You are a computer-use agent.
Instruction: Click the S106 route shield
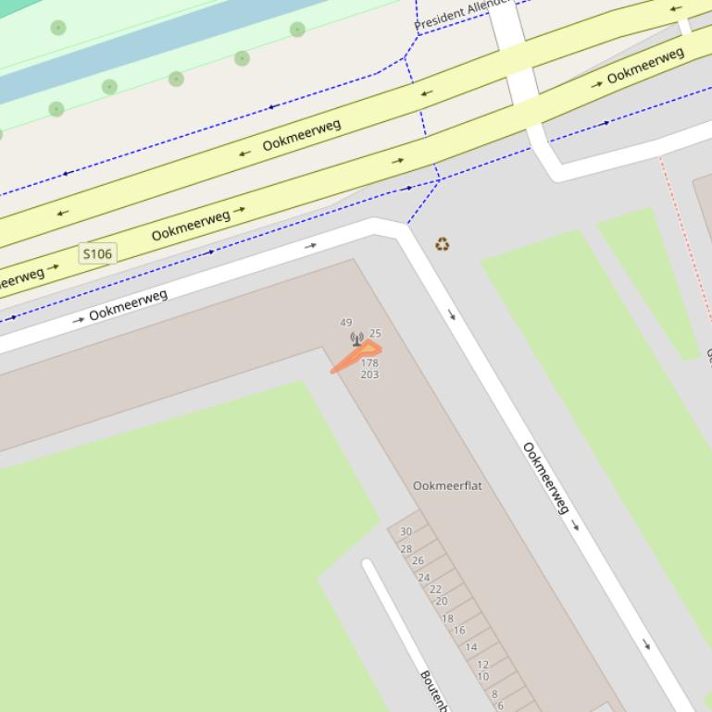(97, 253)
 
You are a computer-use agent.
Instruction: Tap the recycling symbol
(443, 244)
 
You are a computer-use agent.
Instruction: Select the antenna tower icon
(356, 339)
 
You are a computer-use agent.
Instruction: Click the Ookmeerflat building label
(447, 485)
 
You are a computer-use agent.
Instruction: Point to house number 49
(346, 323)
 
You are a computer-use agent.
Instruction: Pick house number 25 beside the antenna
(375, 333)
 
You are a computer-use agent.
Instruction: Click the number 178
(369, 363)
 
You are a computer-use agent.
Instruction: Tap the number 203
(369, 374)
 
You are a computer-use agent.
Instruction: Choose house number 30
(406, 532)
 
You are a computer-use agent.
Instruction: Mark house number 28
(406, 549)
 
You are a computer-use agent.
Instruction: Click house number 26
(418, 560)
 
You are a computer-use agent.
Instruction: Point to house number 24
(423, 578)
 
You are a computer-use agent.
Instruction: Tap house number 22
(435, 589)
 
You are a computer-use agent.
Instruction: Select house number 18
(447, 619)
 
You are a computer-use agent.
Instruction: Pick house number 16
(459, 631)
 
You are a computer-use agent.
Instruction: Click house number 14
(471, 647)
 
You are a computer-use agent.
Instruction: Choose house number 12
(482, 664)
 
